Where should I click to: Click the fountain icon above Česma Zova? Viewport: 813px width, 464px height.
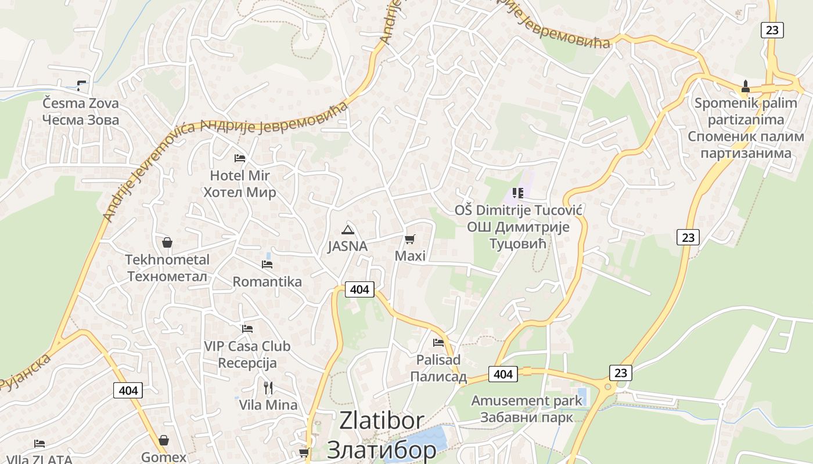click(81, 86)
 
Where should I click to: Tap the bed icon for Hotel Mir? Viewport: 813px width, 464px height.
click(240, 158)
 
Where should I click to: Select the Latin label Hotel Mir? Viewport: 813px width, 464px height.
click(240, 175)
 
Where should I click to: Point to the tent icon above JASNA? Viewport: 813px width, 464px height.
click(347, 230)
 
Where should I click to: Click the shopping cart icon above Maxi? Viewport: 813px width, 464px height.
click(410, 239)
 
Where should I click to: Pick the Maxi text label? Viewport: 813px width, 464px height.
click(410, 256)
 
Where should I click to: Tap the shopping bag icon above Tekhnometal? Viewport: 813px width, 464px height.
click(167, 242)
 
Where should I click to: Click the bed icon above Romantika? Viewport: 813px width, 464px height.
click(267, 264)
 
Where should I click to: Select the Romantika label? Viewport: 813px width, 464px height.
click(267, 282)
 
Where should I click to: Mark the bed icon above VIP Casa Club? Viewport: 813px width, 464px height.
click(247, 329)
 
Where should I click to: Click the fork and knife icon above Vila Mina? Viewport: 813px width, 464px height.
click(268, 387)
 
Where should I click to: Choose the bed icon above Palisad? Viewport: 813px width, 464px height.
click(438, 343)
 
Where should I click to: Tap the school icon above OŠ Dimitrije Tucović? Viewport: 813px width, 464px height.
click(517, 193)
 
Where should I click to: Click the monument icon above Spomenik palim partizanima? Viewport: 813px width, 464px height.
click(746, 86)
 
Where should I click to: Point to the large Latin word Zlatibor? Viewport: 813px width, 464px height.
click(382, 421)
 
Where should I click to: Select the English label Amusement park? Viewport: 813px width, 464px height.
click(526, 401)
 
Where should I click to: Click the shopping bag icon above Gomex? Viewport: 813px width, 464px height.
click(164, 441)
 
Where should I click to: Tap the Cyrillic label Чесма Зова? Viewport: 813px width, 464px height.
click(81, 120)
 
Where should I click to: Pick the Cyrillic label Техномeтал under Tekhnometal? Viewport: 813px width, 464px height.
click(167, 276)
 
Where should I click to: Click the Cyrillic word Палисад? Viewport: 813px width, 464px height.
click(438, 376)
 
